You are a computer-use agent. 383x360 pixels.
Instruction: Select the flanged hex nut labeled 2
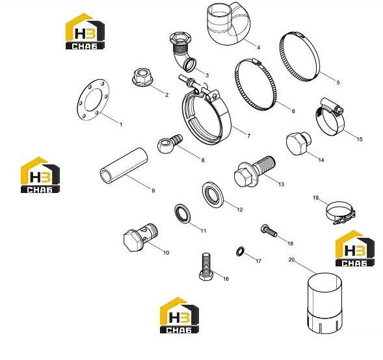pyautogui.click(x=142, y=77)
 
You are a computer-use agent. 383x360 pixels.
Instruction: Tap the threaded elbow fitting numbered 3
pyautogui.click(x=182, y=52)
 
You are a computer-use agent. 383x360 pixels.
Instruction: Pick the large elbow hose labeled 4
pyautogui.click(x=228, y=23)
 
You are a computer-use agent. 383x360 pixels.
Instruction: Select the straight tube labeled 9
pyautogui.click(x=124, y=166)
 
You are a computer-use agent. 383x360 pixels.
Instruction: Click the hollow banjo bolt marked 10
pyautogui.click(x=140, y=237)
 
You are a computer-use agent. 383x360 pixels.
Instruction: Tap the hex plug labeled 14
pyautogui.click(x=298, y=143)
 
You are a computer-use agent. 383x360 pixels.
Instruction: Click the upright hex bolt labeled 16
pyautogui.click(x=206, y=266)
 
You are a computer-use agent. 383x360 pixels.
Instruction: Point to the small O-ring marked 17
pyautogui.click(x=240, y=251)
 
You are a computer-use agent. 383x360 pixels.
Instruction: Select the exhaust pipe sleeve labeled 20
pyautogui.click(x=324, y=303)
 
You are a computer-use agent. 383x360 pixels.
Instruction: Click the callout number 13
pyautogui.click(x=281, y=185)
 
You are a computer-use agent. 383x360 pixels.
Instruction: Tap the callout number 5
pyautogui.click(x=338, y=83)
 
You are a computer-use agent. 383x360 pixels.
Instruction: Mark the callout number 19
pyautogui.click(x=315, y=198)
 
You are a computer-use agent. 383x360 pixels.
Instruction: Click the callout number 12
pyautogui.click(x=240, y=210)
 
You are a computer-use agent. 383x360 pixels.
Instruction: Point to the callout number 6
pyautogui.click(x=293, y=111)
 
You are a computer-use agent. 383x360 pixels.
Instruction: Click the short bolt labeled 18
pyautogui.click(x=269, y=231)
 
